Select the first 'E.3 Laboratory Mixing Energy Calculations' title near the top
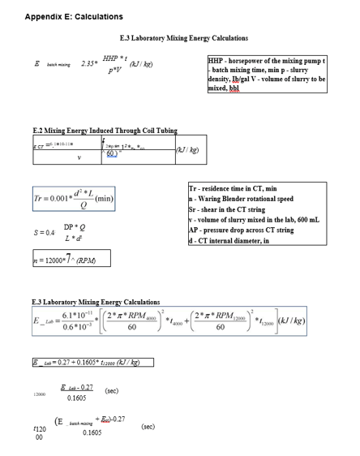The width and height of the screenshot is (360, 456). coord(183,38)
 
